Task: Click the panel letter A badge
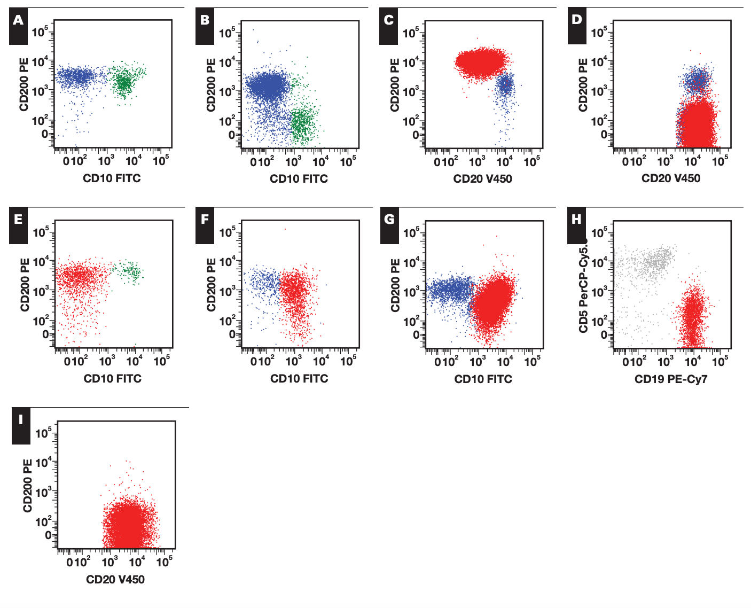pos(18,26)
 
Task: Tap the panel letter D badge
pos(577,26)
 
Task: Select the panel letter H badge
pos(576,225)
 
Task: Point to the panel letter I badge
pos(21,426)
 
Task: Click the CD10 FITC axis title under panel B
pos(299,179)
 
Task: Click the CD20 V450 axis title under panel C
pos(482,179)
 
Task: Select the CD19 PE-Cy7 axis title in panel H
pos(671,379)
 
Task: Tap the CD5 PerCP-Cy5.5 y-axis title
pos(583,286)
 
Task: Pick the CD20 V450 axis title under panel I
pos(115,580)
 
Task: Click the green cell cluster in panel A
pos(125,82)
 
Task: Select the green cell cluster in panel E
pos(128,272)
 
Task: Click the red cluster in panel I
pos(130,524)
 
